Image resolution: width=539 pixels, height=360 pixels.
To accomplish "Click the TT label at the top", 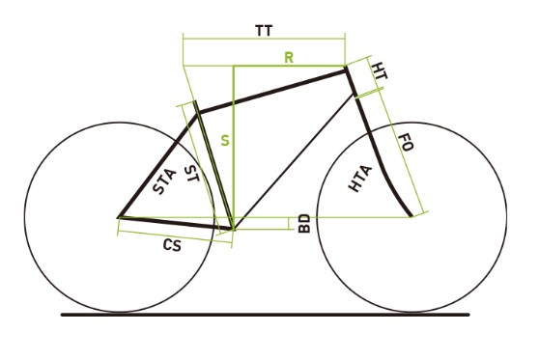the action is [263, 31].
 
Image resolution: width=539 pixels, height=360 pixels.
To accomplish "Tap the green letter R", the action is [288, 58].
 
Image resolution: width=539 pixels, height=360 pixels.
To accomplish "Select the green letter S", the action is [225, 141].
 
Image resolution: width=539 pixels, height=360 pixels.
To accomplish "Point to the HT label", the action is [380, 71].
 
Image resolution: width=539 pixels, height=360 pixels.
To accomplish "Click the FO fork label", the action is [407, 146].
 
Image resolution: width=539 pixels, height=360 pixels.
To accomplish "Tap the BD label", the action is [303, 224].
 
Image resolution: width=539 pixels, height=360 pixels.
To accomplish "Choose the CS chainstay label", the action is [172, 246].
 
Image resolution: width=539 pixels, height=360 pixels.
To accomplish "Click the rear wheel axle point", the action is [118, 218].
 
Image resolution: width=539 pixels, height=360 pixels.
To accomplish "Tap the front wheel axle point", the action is [412, 216].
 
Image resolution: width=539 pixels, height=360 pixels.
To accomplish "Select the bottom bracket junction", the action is [233, 229].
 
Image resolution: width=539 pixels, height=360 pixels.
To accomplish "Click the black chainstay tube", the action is [174, 223].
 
